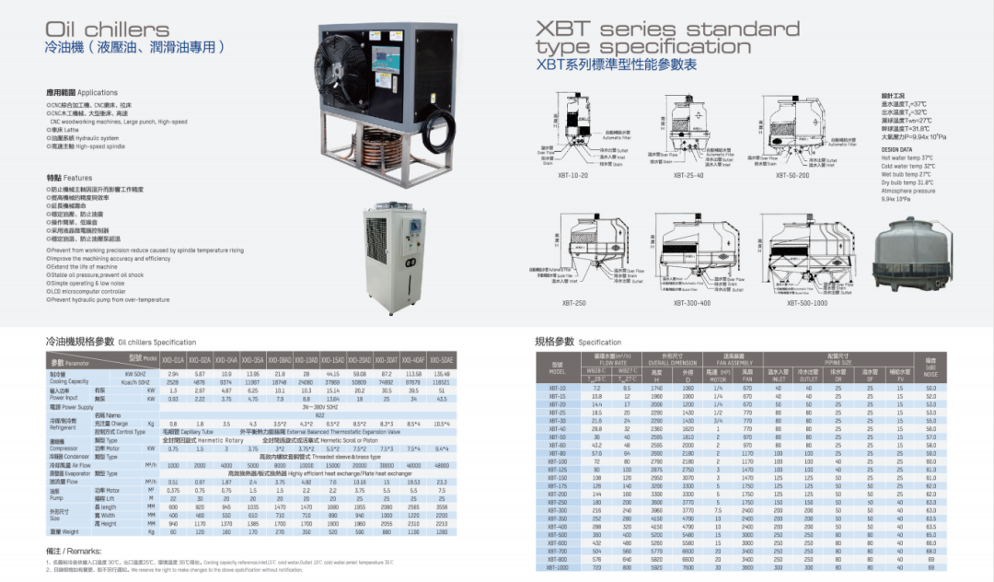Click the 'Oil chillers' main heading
click(108, 29)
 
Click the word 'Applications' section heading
click(97, 93)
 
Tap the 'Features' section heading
click(77, 177)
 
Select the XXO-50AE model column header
click(442, 359)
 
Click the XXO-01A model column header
click(173, 359)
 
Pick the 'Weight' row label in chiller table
click(64, 531)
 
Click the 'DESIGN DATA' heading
click(896, 149)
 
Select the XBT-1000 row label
click(558, 567)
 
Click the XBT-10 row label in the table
click(557, 389)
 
